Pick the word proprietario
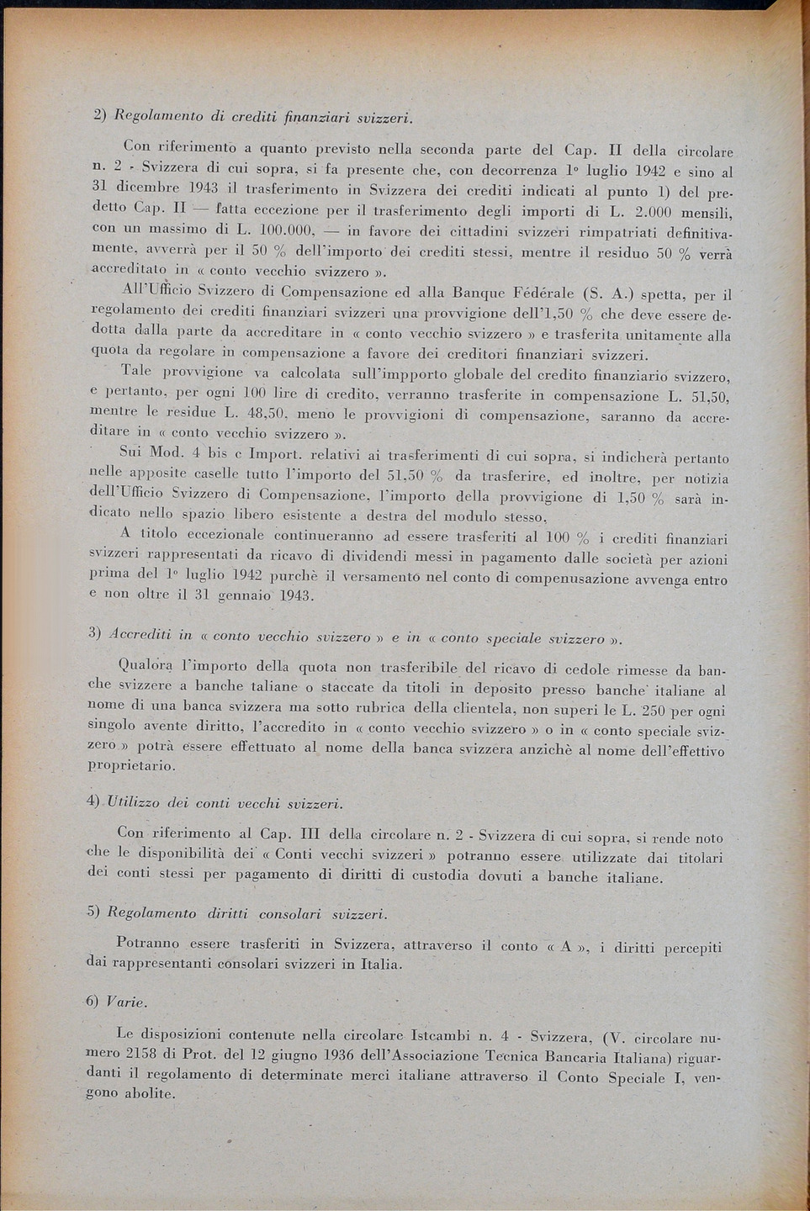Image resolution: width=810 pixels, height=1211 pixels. click(x=131, y=766)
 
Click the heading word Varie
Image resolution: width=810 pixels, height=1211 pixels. click(x=127, y=1002)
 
